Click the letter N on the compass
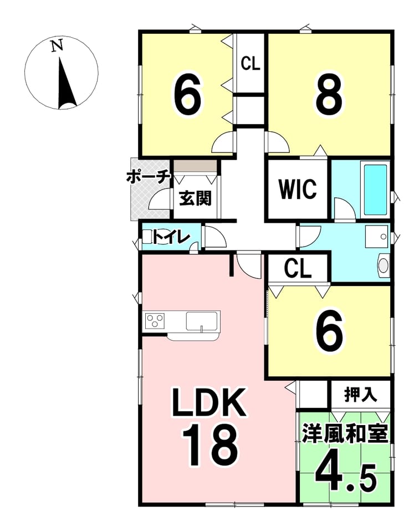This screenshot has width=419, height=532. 57,45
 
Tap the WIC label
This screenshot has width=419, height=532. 298,190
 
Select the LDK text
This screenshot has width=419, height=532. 209,402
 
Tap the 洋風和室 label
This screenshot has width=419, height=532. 345,433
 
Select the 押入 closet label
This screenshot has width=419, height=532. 360,395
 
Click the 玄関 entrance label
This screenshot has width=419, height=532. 196,197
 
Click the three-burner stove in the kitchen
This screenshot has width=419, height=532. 155,320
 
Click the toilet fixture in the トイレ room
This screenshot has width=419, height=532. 149,236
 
